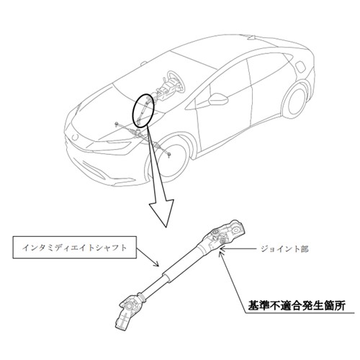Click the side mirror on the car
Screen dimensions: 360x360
pos(218,99)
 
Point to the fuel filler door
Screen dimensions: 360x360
pos(301,68)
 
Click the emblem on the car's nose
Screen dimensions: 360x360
pos(76,137)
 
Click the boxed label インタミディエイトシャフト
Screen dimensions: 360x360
pos(75,248)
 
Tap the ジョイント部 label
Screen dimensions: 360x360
pos(284,249)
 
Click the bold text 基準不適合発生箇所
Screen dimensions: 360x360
pos(297,306)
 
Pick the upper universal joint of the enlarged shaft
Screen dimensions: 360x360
pos(225,234)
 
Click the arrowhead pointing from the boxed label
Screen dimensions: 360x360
pos(157,264)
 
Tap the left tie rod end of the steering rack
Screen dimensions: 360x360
pos(117,124)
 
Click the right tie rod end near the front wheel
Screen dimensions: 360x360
pos(169,155)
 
